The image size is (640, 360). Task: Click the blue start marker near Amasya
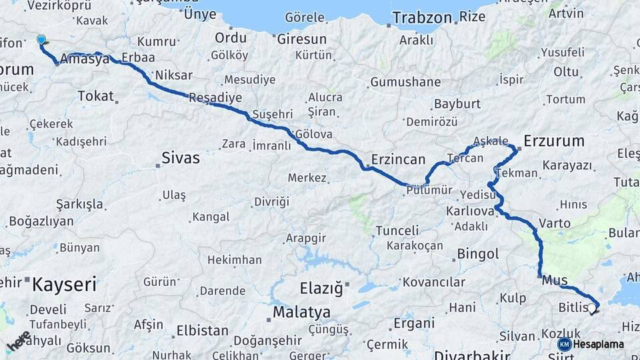point(41,40)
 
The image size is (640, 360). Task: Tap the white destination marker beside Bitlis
point(591,308)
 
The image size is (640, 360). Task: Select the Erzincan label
point(397,159)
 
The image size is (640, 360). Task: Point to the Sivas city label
point(180,158)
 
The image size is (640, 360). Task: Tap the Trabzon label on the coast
point(422,17)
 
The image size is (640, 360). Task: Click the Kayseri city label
point(64,285)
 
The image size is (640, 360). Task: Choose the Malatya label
point(301,312)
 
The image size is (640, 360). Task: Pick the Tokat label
point(96,96)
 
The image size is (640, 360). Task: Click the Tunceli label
point(397,231)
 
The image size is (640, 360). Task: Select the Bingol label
point(477,254)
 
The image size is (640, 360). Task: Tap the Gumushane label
point(405,83)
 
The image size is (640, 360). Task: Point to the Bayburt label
point(457,104)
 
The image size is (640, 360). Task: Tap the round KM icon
point(564,344)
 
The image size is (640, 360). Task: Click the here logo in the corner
point(19,341)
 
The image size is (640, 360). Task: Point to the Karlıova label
point(469,211)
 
